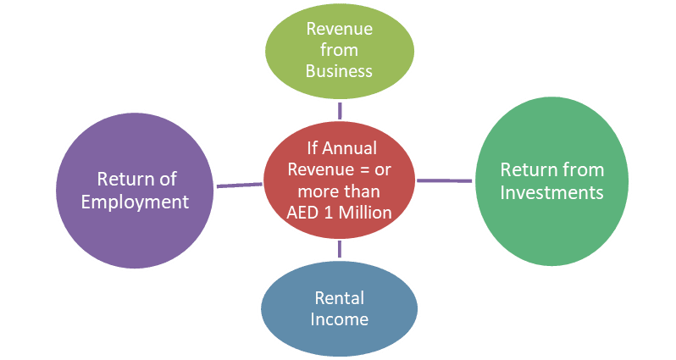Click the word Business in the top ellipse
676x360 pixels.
click(339, 70)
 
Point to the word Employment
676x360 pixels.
click(141, 202)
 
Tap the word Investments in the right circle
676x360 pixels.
click(551, 192)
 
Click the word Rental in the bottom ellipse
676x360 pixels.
click(340, 298)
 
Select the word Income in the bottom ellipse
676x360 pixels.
click(339, 319)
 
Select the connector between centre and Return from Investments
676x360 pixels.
click(444, 180)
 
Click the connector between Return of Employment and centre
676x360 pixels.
click(239, 185)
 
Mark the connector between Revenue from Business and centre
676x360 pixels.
click(339, 111)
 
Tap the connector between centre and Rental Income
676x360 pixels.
click(339, 249)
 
